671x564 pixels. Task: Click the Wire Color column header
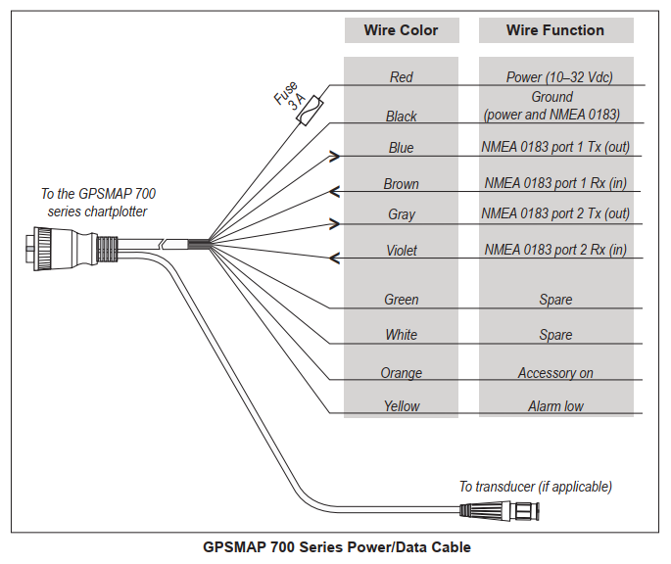coord(401,30)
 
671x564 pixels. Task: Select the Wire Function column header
coord(555,30)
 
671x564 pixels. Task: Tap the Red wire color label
coord(401,77)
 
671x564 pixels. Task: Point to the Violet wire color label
coord(401,251)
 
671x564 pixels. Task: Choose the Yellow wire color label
coord(401,406)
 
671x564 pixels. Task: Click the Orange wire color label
coord(401,373)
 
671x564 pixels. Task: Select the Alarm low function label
coord(555,406)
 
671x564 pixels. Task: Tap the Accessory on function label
coord(555,373)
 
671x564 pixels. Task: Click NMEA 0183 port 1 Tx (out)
coord(555,148)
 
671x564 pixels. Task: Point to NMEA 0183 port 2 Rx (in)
coord(555,250)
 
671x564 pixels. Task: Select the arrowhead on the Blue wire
coord(336,155)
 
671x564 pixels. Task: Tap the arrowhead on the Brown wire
coord(333,190)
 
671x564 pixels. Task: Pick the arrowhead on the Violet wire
coord(333,258)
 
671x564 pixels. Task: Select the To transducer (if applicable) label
coord(535,487)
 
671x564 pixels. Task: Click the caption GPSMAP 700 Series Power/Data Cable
coord(336,547)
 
